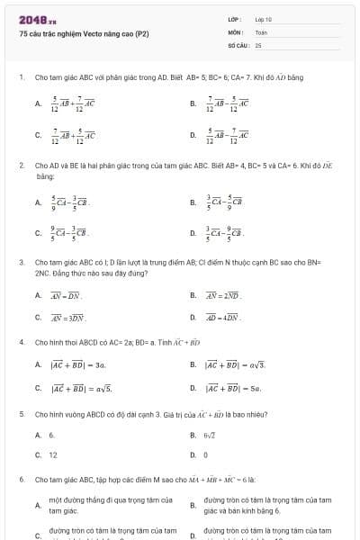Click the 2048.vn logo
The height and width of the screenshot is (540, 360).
[x=38, y=19]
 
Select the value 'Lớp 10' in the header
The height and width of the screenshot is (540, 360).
[x=263, y=19]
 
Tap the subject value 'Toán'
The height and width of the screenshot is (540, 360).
[x=261, y=31]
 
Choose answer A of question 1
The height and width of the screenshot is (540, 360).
[x=72, y=103]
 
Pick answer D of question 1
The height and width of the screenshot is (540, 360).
[x=228, y=136]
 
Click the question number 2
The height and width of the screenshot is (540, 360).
[x=21, y=166]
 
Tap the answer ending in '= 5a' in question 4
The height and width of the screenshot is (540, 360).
[x=233, y=388]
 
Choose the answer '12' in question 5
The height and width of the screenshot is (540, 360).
[x=53, y=455]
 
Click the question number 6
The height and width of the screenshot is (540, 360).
[x=21, y=479]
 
